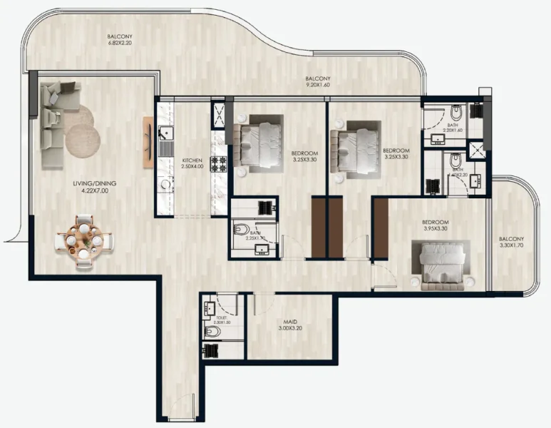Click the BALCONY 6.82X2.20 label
tap(120, 40)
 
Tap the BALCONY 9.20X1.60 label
tap(317, 81)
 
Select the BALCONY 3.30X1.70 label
tap(511, 243)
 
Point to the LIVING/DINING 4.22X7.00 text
tap(94, 188)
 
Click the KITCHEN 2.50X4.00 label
tap(192, 163)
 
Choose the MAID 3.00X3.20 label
tap(289, 327)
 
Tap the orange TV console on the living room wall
tap(148, 142)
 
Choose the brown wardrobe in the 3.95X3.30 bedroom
tap(381, 228)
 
